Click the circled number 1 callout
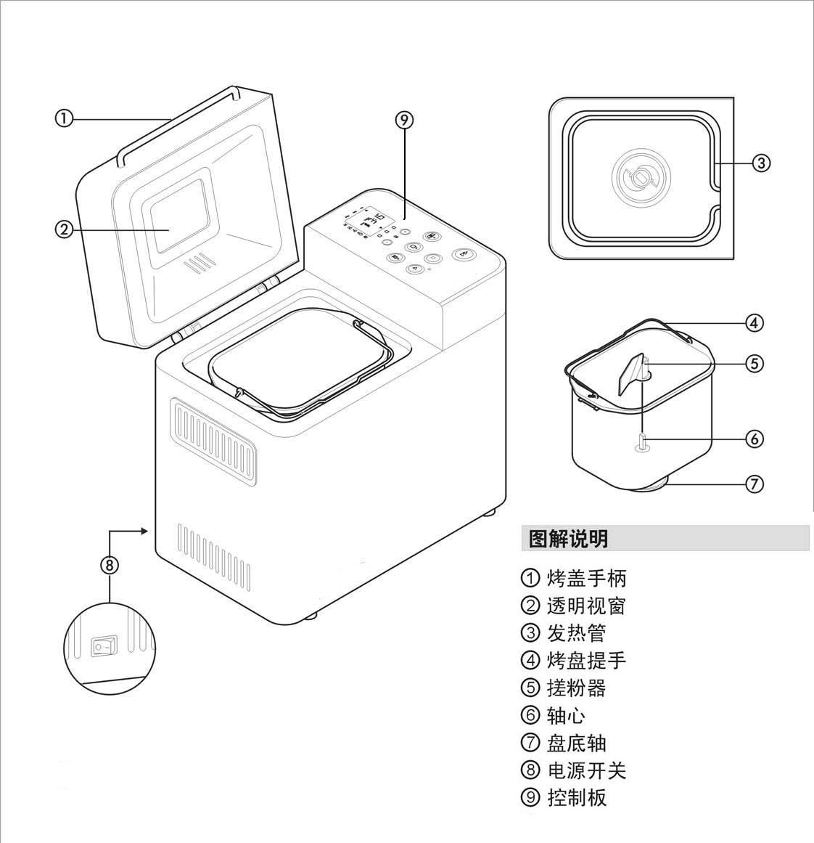(x=64, y=118)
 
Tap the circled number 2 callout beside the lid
(x=64, y=229)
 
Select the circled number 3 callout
(x=760, y=163)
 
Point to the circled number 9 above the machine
(x=404, y=121)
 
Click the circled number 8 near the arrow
(x=109, y=564)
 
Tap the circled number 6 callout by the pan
(x=755, y=439)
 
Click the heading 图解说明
(x=568, y=539)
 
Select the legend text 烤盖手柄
(x=586, y=579)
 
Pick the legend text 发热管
(x=576, y=633)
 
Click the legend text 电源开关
(x=586, y=770)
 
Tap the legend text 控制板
(x=576, y=797)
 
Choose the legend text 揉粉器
(x=576, y=688)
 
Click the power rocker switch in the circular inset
(x=104, y=646)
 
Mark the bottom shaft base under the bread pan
(x=652, y=485)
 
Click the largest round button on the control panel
(x=464, y=254)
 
